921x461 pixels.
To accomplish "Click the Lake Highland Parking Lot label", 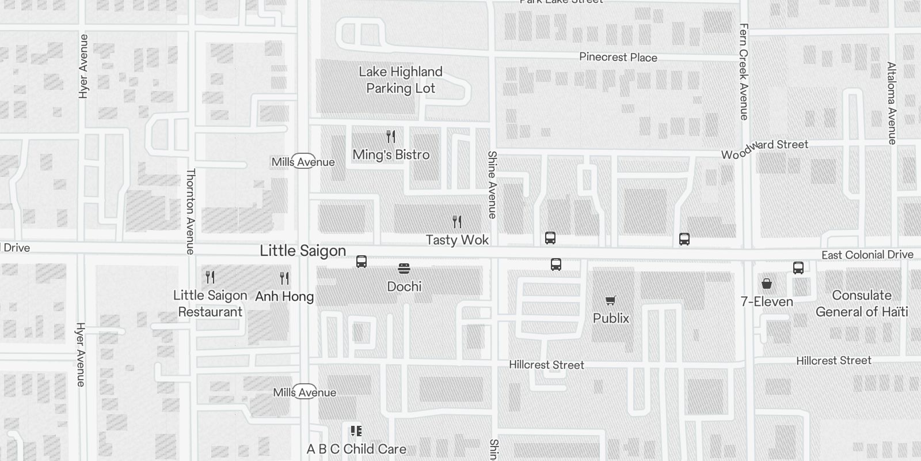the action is (x=401, y=80).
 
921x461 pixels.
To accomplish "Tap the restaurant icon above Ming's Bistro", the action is (x=391, y=137).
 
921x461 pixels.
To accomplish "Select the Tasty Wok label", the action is (x=457, y=240).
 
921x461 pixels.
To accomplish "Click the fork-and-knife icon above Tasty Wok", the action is (x=457, y=222).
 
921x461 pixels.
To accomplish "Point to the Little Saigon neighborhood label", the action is (x=303, y=251).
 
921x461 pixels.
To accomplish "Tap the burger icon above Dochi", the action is (x=404, y=269).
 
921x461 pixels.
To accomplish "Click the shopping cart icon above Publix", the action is (x=611, y=300).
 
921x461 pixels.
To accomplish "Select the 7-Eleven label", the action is (x=767, y=301).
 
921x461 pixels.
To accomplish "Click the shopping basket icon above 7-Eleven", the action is (x=767, y=284).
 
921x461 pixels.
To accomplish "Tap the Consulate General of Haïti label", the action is (x=862, y=304).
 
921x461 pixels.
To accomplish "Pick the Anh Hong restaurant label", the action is (x=284, y=296).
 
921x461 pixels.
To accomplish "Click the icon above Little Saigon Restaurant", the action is (x=210, y=277).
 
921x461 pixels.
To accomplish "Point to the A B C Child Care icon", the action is (x=356, y=431).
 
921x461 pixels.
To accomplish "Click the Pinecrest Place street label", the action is (x=618, y=57).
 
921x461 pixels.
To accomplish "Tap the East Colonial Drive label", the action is (x=867, y=255).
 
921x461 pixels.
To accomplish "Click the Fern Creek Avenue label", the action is (x=744, y=71).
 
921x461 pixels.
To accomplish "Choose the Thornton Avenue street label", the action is (x=191, y=211).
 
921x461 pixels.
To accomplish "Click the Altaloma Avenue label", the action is (x=892, y=103).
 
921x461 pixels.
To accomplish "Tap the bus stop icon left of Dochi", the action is (x=361, y=262).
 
